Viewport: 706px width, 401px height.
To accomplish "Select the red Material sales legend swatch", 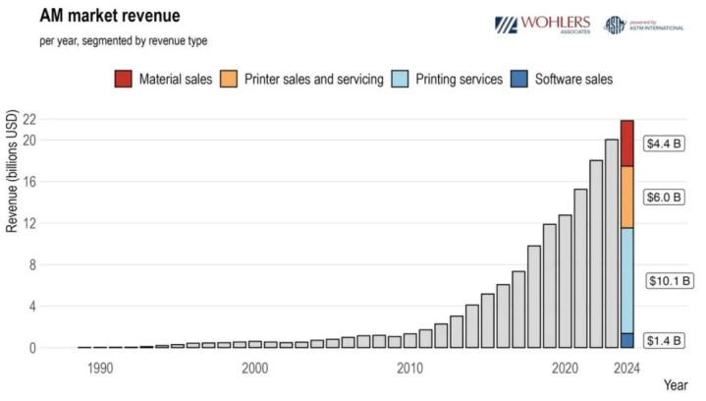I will pos(123,79).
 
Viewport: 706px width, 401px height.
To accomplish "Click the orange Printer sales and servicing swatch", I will pos(227,79).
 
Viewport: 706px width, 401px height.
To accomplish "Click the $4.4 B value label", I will pos(663,143).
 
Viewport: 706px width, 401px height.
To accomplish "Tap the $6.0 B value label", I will pos(663,197).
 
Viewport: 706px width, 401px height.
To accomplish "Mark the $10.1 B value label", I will pos(666,281).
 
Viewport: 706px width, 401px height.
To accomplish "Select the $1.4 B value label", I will pos(663,340).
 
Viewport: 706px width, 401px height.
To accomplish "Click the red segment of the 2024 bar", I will pos(626,143).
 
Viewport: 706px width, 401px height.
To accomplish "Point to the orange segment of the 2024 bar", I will pos(626,197).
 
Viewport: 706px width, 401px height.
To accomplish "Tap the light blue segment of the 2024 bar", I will pos(626,281).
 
